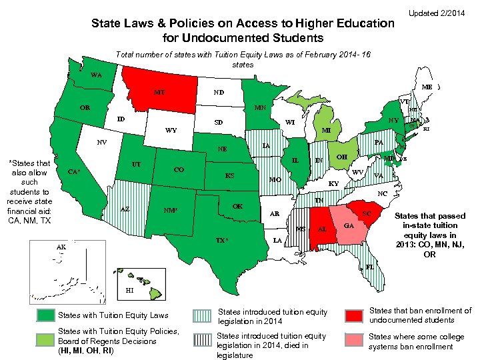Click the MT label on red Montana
(159, 92)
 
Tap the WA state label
(97, 75)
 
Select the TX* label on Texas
(225, 239)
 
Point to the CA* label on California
(75, 172)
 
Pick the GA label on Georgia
(348, 226)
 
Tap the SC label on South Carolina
(366, 213)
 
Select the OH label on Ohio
(341, 157)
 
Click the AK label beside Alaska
(61, 247)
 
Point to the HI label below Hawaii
(130, 291)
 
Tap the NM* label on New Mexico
(171, 211)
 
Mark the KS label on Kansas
(229, 176)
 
